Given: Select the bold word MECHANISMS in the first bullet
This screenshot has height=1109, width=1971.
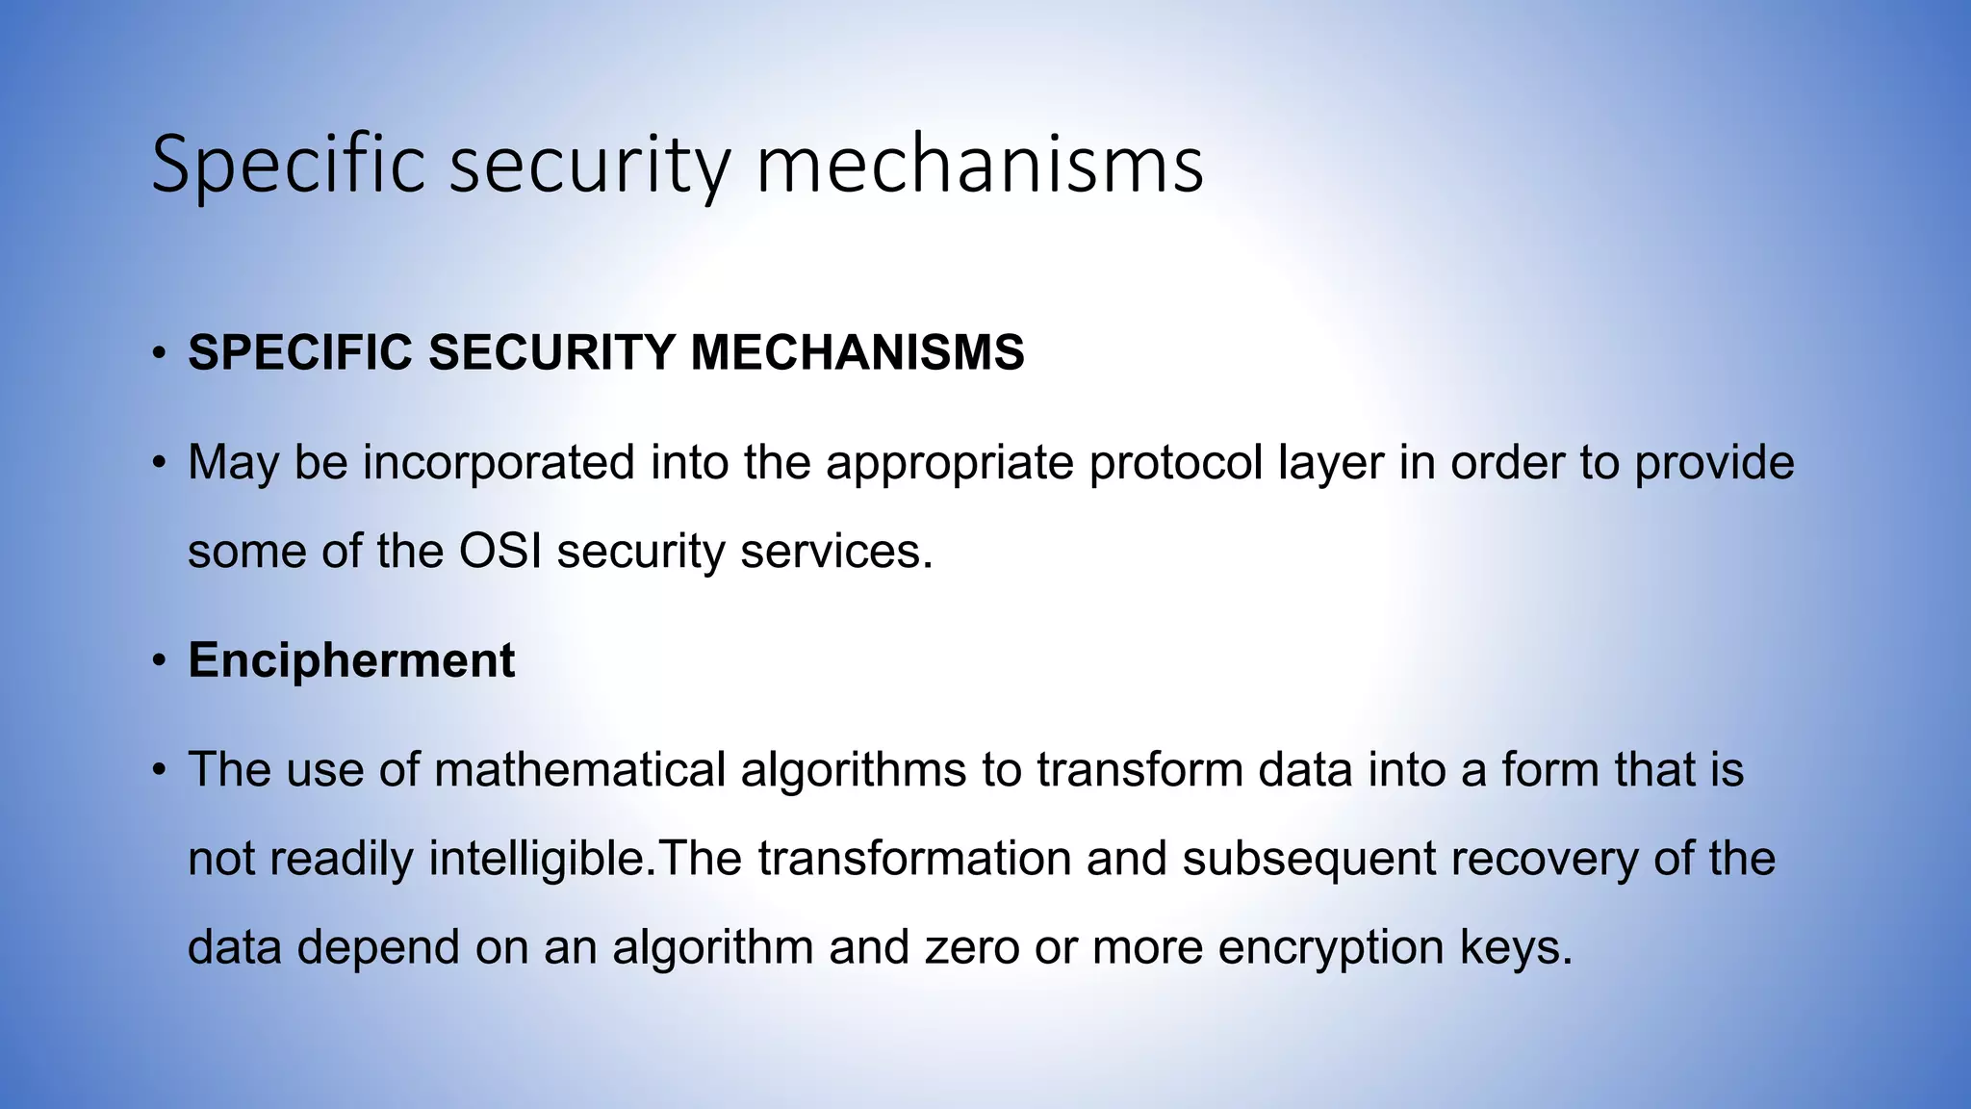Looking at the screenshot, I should tap(857, 352).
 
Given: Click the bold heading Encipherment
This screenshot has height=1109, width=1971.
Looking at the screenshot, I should tap(351, 661).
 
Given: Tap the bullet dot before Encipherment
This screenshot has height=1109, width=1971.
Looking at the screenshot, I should tap(159, 662).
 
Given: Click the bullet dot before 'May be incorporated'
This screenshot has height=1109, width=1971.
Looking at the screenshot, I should tap(159, 464).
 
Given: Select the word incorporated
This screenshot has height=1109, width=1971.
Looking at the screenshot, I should tap(499, 463).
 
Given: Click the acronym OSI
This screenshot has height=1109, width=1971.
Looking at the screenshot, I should tap(499, 552).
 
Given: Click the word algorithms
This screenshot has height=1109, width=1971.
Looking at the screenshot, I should tap(853, 770).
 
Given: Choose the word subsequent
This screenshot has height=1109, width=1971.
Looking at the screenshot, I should tap(1309, 859).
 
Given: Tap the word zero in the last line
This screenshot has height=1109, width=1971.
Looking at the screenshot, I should tap(972, 947).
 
